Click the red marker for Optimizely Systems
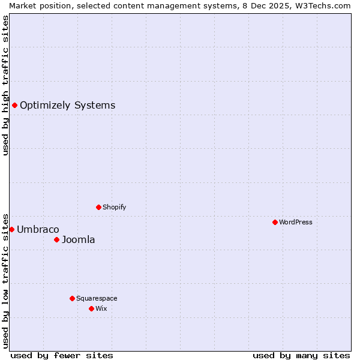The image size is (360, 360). (14, 106)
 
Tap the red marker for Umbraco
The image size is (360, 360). (11, 229)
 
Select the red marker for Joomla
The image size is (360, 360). (56, 240)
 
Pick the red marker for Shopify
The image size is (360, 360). (98, 208)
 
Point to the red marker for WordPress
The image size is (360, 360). (275, 222)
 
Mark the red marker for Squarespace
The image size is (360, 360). (72, 298)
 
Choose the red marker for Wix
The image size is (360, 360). (91, 308)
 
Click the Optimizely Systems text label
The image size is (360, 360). (67, 106)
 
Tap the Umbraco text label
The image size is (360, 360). (38, 229)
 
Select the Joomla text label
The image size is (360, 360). (79, 240)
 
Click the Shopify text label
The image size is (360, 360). (114, 208)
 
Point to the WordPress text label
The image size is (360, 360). (296, 222)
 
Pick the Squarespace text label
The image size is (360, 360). (97, 298)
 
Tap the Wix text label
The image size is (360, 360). (101, 308)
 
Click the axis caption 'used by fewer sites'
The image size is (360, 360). (62, 355)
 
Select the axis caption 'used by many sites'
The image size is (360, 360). (301, 355)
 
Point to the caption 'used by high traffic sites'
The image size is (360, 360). (6, 85)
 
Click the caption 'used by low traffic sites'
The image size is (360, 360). (6, 280)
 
